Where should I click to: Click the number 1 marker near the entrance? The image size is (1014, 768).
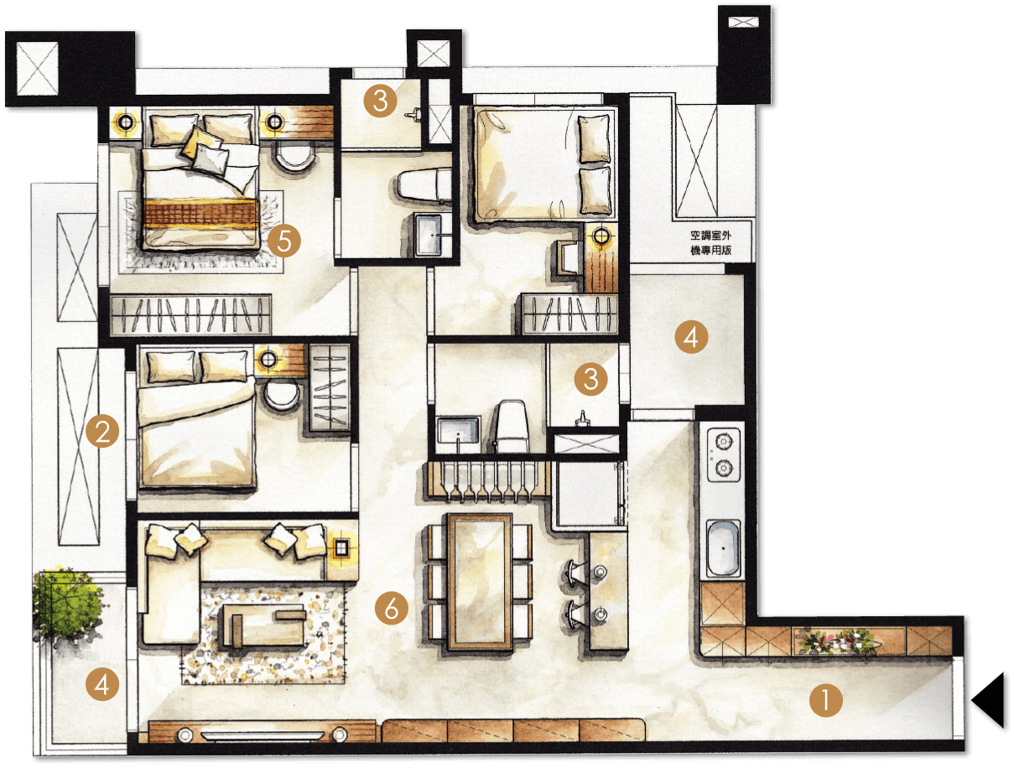tap(825, 700)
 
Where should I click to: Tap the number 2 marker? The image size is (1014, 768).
tap(102, 431)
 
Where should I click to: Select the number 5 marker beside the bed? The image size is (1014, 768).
tap(283, 241)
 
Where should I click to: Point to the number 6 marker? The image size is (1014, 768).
tap(392, 608)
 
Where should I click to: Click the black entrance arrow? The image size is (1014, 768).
tap(989, 700)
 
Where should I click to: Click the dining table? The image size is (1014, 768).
tap(480, 581)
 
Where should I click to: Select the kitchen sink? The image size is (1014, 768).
tap(724, 548)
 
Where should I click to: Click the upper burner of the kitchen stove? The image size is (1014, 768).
tap(724, 440)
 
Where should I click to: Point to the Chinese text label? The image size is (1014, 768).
tap(710, 243)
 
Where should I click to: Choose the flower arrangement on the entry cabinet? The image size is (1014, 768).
tap(837, 641)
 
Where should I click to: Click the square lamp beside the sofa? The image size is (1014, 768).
tap(341, 548)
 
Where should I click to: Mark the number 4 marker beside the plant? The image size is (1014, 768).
tap(102, 684)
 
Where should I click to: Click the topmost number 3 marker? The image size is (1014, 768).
tap(380, 101)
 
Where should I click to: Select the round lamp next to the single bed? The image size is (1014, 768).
tap(601, 236)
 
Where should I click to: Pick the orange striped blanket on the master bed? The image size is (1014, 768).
tap(200, 214)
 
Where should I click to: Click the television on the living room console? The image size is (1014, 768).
tap(263, 735)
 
